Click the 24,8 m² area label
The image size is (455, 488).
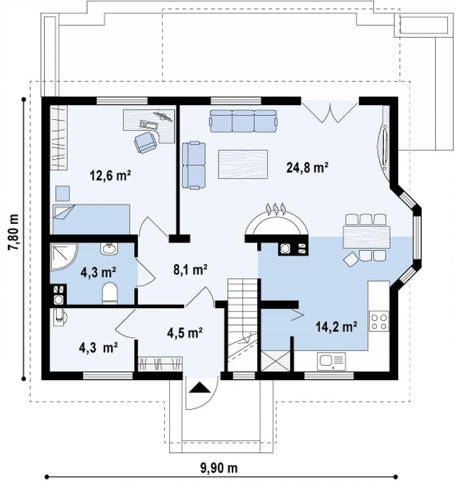307,168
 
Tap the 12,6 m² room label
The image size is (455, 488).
110,176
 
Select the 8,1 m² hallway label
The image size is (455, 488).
191,269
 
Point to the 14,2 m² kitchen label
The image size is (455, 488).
336,327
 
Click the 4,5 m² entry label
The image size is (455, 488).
185,333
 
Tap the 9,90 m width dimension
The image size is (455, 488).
218,468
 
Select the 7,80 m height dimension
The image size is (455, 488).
14,232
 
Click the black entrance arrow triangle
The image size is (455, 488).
200,388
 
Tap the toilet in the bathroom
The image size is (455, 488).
110,293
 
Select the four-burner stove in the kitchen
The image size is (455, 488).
379,322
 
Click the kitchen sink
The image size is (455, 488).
331,362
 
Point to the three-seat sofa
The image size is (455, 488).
243,121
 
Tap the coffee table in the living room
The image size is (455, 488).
243,164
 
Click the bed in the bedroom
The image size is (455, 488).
91,219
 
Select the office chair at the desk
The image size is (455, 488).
146,142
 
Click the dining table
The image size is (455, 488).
366,237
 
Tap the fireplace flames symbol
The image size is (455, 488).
275,208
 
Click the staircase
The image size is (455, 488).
242,324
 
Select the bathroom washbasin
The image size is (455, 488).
109,248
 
